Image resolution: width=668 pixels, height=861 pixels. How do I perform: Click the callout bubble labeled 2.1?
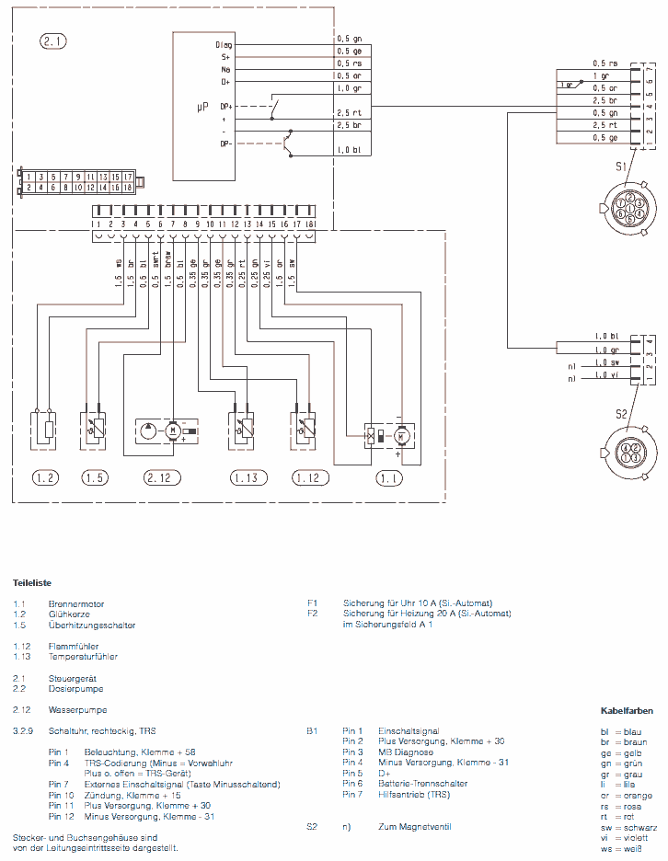[54, 40]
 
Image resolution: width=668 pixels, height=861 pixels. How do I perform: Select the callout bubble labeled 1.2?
[45, 477]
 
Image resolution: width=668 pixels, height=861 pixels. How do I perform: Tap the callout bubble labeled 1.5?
[95, 477]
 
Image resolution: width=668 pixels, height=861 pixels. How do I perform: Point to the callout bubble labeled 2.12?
[158, 477]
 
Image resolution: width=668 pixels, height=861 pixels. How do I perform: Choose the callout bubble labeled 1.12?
[309, 477]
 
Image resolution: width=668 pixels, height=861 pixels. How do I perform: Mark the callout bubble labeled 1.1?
[390, 477]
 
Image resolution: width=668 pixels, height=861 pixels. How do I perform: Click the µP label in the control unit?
[203, 108]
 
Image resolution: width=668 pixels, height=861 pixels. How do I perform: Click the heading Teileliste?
[32, 583]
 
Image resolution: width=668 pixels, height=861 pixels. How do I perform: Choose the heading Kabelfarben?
[627, 711]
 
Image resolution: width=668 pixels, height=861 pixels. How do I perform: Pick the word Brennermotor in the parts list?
[76, 604]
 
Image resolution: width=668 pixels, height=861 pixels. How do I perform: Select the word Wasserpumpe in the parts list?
[77, 710]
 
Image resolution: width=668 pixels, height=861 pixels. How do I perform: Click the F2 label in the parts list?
[313, 614]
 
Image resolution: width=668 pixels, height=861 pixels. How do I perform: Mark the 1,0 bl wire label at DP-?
[348, 149]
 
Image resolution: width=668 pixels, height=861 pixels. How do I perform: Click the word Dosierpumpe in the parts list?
[75, 689]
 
